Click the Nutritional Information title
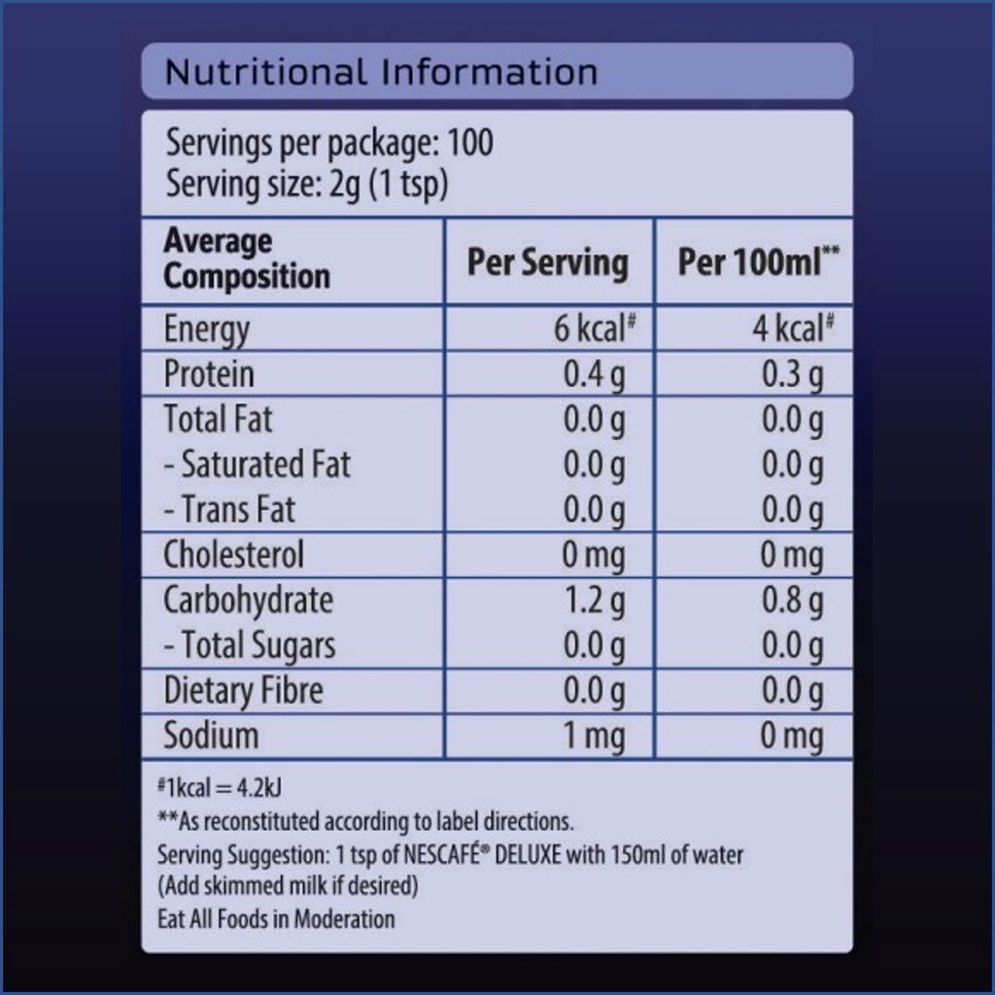click(381, 72)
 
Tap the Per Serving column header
click(547, 262)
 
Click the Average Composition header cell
click(247, 258)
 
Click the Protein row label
click(209, 374)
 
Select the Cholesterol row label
click(233, 555)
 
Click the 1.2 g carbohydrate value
click(595, 600)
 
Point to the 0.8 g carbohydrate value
click(792, 600)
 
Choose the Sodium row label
click(211, 736)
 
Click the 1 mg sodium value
click(595, 737)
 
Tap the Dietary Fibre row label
click(243, 691)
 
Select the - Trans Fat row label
click(228, 509)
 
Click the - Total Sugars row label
click(249, 645)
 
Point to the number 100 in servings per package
click(470, 143)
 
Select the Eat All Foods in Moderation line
click(276, 918)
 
